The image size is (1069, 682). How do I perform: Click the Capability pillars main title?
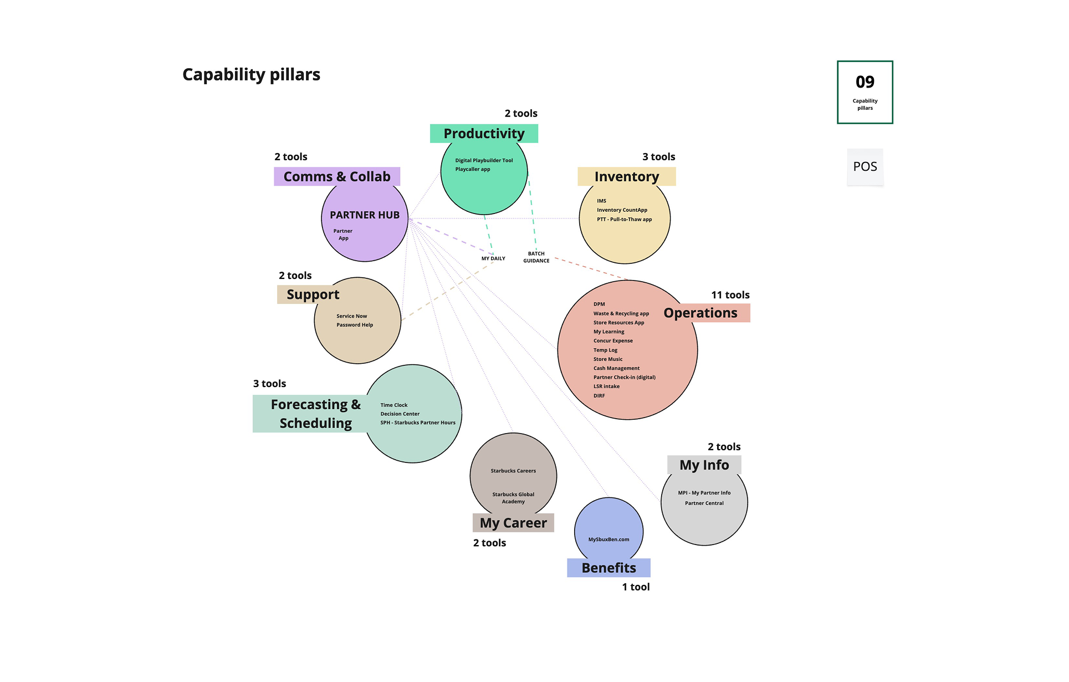(251, 74)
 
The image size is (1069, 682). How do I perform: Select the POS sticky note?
(865, 166)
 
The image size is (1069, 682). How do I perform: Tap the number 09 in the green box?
(865, 82)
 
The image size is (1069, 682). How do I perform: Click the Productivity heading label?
(484, 134)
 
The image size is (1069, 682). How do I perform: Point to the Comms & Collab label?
(337, 176)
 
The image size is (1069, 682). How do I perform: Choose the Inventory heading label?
(626, 176)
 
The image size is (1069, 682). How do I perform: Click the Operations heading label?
(700, 313)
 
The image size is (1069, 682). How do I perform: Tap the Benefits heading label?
(608, 568)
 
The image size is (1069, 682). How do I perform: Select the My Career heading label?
(513, 523)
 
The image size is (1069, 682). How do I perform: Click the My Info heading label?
(704, 465)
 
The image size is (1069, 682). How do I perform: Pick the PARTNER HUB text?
(365, 215)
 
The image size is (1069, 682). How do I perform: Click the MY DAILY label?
(493, 258)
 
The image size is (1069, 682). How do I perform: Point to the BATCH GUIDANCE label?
(536, 257)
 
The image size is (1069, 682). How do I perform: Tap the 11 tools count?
(730, 295)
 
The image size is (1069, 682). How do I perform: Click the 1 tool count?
(636, 587)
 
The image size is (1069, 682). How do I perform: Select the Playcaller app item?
(473, 169)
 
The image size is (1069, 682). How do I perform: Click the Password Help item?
(355, 325)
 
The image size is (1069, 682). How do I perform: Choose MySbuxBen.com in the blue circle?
(608, 540)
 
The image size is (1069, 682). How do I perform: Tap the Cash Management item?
(616, 368)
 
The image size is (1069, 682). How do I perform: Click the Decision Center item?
(400, 414)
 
